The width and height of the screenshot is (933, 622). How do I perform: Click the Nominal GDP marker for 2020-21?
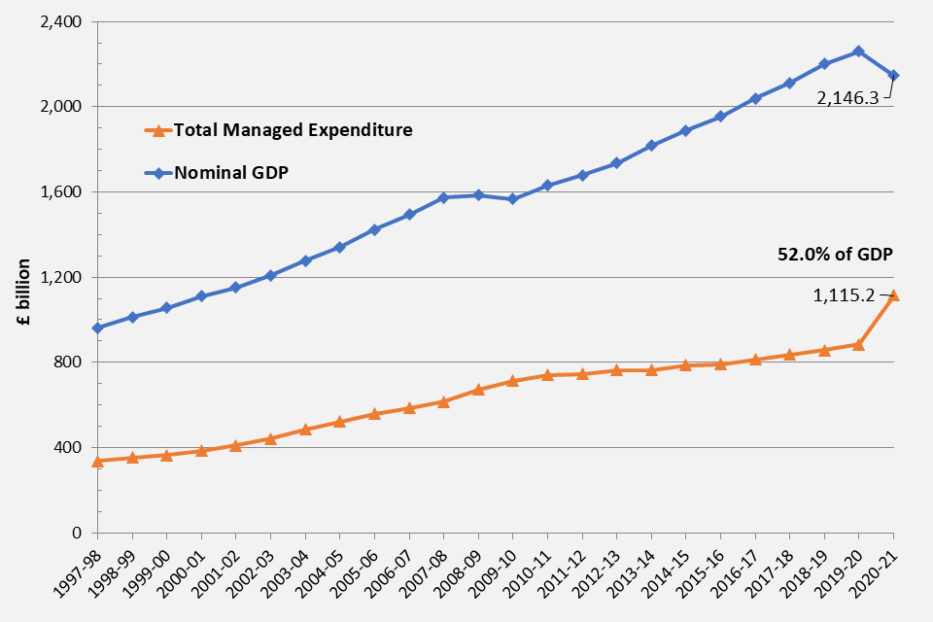pyautogui.click(x=893, y=75)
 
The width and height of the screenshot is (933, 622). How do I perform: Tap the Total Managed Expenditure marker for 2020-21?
pyautogui.click(x=893, y=295)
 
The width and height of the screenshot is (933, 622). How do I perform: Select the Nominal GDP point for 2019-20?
pyautogui.click(x=858, y=51)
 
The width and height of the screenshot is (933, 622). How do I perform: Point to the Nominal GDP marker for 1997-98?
pyautogui.click(x=97, y=328)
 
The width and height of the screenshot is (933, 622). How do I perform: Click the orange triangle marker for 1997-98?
pyautogui.click(x=97, y=461)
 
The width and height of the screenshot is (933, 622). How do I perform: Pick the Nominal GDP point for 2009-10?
pyautogui.click(x=512, y=199)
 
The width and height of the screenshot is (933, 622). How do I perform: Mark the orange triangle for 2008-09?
pyautogui.click(x=478, y=390)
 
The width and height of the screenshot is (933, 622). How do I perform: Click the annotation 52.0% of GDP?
pyautogui.click(x=835, y=253)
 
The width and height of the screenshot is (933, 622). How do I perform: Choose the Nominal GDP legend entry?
pyautogui.click(x=229, y=173)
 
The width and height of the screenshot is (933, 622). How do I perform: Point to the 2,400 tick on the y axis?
pyautogui.click(x=61, y=21)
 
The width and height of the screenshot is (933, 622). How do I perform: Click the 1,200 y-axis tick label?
pyautogui.click(x=61, y=277)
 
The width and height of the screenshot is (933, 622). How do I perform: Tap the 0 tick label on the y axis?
pyautogui.click(x=76, y=533)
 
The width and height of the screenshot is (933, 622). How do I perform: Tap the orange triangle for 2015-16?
pyautogui.click(x=720, y=364)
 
